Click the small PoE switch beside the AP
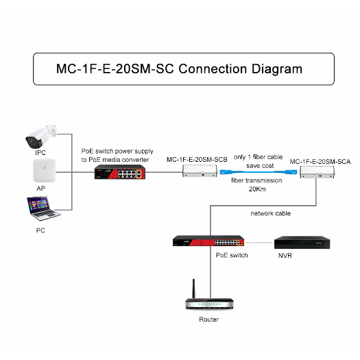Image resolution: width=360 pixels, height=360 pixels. (120, 173)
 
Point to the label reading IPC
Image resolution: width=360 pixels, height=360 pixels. (40, 153)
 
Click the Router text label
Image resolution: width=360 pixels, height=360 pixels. (208, 320)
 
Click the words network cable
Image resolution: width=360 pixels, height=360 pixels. (272, 213)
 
